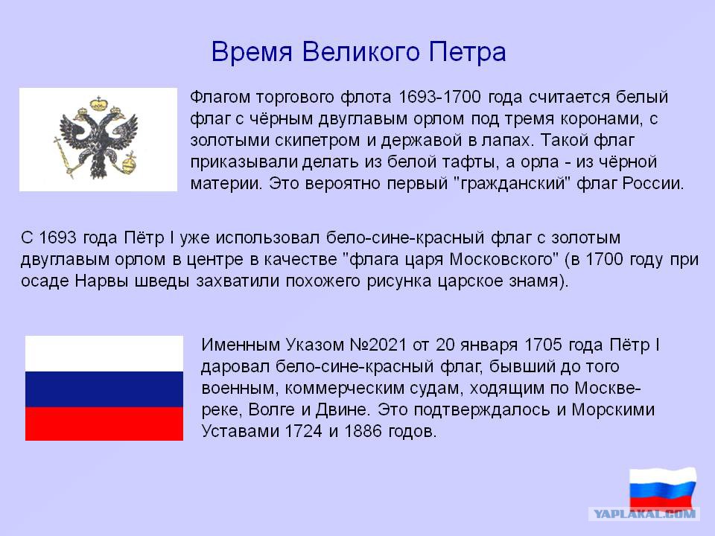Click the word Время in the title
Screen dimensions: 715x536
point(252,51)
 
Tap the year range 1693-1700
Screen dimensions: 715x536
point(439,97)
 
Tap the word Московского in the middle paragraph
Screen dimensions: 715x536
point(504,259)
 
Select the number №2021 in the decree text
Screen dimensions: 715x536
point(378,345)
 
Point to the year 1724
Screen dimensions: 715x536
point(304,431)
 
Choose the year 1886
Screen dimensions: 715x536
point(363,431)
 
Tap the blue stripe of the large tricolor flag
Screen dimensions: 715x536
point(104,389)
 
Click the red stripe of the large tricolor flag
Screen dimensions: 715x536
point(104,424)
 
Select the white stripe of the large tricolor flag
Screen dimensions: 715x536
point(104,354)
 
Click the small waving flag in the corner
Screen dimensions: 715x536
point(663,488)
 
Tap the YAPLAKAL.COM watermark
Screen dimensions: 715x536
point(644,514)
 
